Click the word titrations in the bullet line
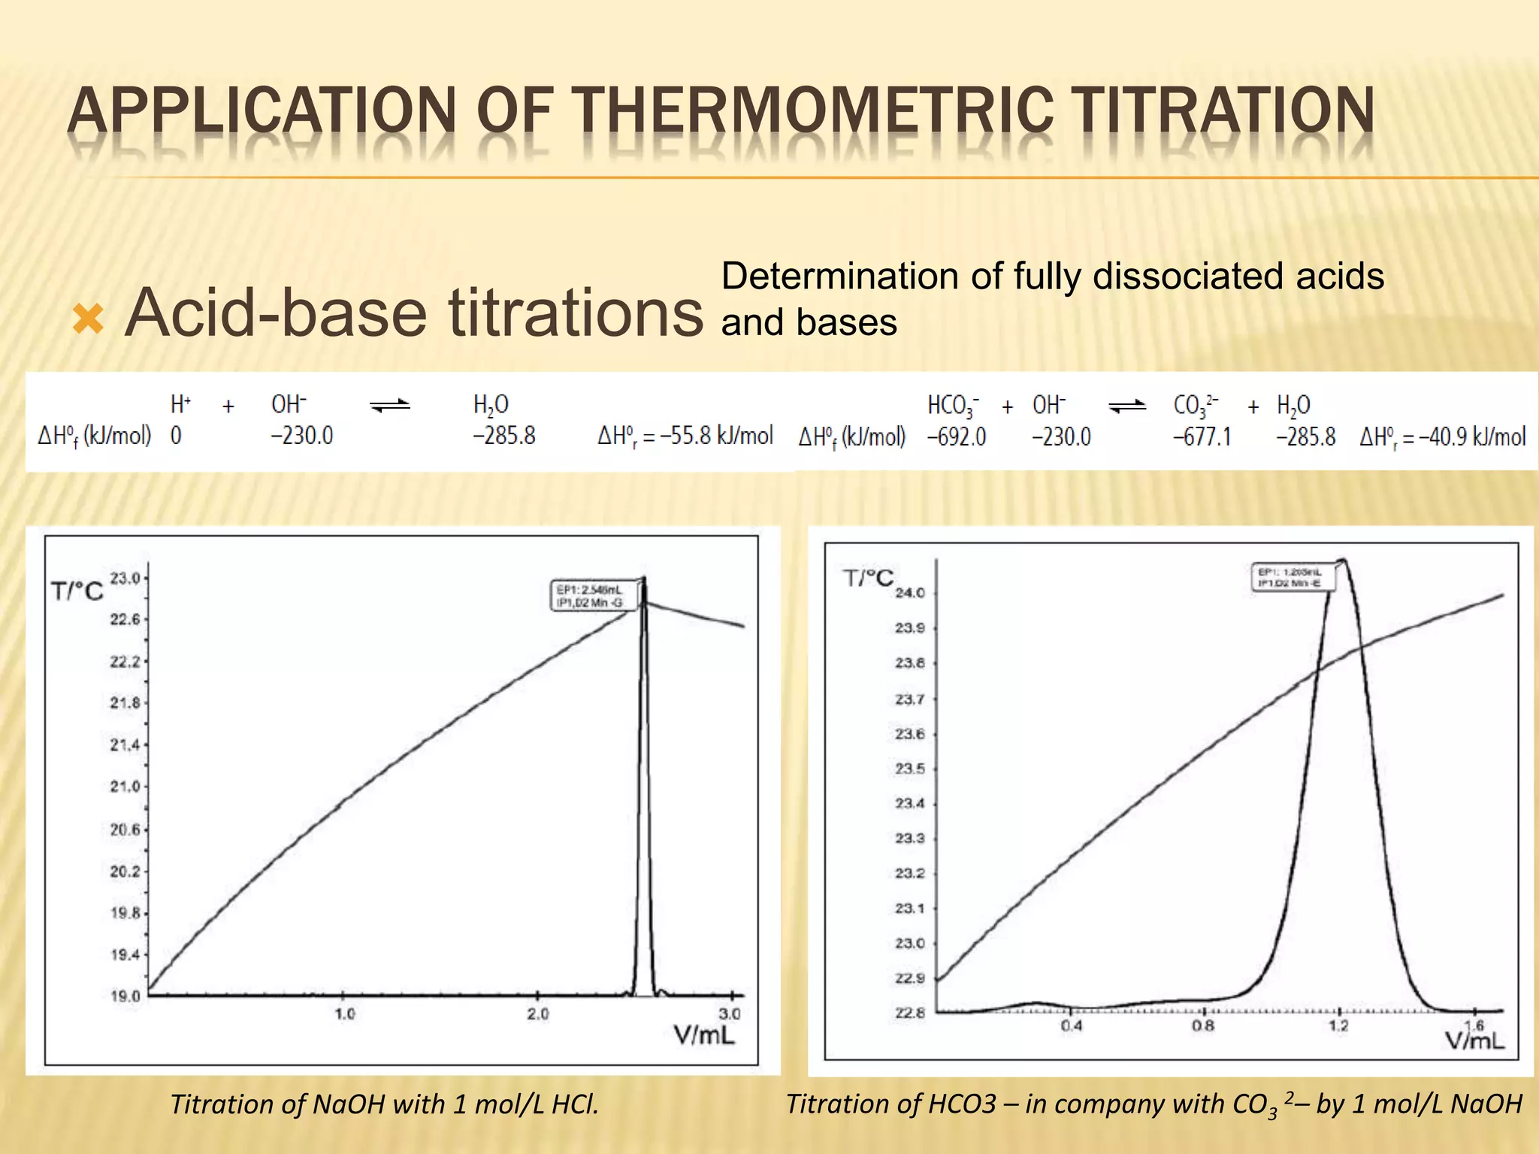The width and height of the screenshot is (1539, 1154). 576,313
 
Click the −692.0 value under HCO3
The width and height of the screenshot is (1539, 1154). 956,437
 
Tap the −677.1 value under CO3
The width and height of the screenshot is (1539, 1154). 1202,437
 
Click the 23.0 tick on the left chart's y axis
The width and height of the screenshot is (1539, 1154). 125,578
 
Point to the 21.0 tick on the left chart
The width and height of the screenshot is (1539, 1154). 125,787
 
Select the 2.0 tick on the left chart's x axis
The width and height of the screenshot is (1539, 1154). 538,1014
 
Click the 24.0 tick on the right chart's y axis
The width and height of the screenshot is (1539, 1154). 910,593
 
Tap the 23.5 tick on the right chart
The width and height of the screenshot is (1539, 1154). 910,769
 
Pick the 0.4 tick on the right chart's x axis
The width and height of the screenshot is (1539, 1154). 1072,1026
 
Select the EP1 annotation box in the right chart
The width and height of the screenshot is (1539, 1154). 1290,577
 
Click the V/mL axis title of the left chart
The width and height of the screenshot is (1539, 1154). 704,1036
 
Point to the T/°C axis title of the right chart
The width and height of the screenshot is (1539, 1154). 869,578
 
